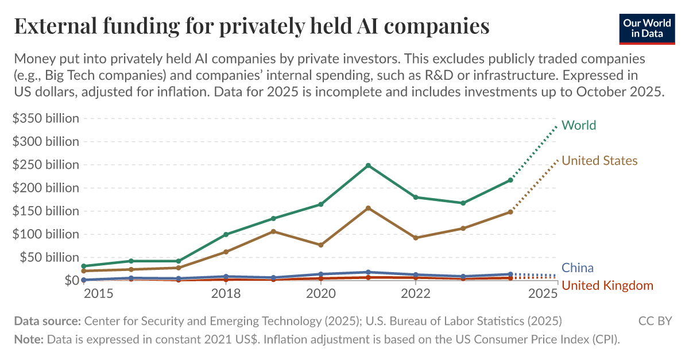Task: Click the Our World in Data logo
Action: tap(647, 28)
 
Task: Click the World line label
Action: tap(579, 125)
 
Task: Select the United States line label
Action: tap(599, 161)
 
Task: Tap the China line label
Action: tap(578, 268)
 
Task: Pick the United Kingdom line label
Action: tap(607, 285)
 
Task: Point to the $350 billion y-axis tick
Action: tap(46, 119)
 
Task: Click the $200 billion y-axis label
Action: tap(46, 188)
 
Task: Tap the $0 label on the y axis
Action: tap(71, 280)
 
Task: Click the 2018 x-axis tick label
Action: tap(226, 294)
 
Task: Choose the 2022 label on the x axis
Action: tap(416, 294)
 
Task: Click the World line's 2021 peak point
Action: tap(368, 165)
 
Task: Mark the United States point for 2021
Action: tap(368, 208)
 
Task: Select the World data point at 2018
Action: tap(226, 234)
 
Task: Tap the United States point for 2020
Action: tap(320, 245)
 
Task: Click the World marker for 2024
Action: tap(510, 180)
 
